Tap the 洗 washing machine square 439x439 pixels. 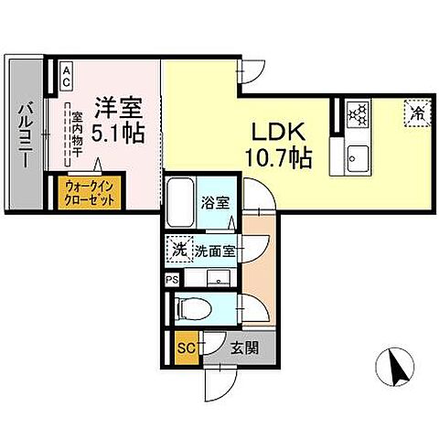[x=179, y=249]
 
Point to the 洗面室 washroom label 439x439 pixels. [x=214, y=249]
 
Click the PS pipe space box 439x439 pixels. [x=171, y=280]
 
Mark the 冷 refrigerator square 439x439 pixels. [x=416, y=114]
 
